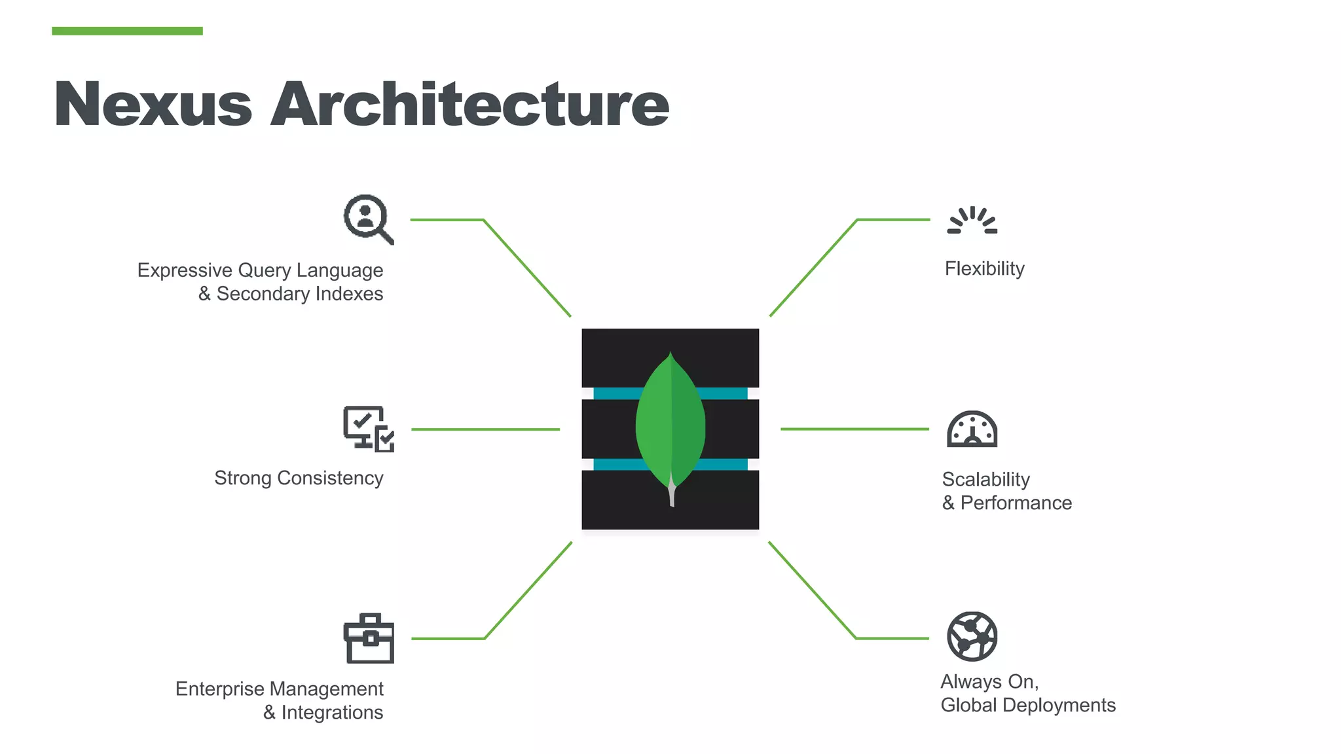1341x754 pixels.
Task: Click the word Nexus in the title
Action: pyautogui.click(x=153, y=105)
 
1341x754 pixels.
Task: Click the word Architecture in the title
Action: pyautogui.click(x=469, y=105)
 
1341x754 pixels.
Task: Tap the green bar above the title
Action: pyautogui.click(x=127, y=31)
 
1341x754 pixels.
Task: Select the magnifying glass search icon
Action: pyautogui.click(x=368, y=219)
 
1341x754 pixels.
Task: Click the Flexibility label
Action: pyautogui.click(x=984, y=269)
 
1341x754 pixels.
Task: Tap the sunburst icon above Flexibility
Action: pyautogui.click(x=972, y=221)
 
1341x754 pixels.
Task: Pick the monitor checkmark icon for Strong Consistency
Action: pyautogui.click(x=369, y=429)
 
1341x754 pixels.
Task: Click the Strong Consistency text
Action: pyautogui.click(x=299, y=478)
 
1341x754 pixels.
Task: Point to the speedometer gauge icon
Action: pyautogui.click(x=972, y=429)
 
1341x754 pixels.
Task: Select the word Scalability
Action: pyautogui.click(x=985, y=480)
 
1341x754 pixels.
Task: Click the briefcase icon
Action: pyautogui.click(x=369, y=639)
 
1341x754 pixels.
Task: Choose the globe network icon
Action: pyautogui.click(x=972, y=636)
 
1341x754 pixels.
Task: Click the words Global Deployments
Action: pyautogui.click(x=1028, y=706)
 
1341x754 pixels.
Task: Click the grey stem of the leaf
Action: pyautogui.click(x=672, y=494)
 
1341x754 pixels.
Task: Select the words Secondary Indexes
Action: pyautogui.click(x=300, y=294)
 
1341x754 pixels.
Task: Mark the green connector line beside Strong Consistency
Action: pyautogui.click(x=485, y=429)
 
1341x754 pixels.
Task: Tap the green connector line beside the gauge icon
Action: pyautogui.click(x=854, y=429)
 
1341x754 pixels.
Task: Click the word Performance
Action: pyautogui.click(x=1016, y=503)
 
